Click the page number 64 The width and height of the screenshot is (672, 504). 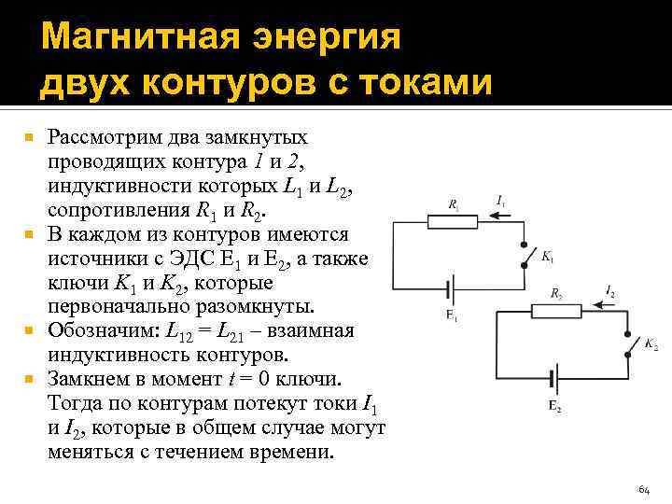pos(643,489)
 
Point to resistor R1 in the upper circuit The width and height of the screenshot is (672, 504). pos(454,221)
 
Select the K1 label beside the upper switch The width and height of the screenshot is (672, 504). pos(548,256)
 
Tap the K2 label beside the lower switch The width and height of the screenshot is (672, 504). pos(651,345)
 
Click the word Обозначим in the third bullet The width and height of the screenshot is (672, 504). pos(103,331)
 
